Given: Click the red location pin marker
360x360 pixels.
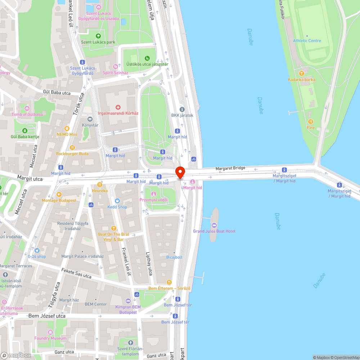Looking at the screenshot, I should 180,172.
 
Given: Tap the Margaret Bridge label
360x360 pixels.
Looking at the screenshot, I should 230,168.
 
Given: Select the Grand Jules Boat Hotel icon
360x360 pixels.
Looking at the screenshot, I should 214,225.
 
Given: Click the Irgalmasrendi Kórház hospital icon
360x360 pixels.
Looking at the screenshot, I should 118,107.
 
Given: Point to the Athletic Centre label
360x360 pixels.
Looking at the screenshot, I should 307,41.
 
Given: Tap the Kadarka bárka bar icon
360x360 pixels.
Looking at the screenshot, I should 301,73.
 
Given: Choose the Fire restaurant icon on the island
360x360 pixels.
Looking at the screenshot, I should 311,122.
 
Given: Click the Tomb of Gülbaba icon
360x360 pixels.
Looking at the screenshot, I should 27,108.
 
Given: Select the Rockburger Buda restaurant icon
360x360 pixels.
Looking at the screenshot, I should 72,148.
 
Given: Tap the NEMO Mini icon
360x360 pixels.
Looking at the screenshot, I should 67,129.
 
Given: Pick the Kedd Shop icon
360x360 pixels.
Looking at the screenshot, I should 117,201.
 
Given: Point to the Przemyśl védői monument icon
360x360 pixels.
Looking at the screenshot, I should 154,194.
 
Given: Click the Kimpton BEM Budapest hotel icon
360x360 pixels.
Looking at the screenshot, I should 128,301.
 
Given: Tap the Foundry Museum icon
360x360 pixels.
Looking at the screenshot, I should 50,332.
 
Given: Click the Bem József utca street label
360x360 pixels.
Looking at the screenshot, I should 47,316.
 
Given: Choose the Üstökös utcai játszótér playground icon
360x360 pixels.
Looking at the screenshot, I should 147,58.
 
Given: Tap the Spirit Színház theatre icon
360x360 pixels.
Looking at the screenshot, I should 115,67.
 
